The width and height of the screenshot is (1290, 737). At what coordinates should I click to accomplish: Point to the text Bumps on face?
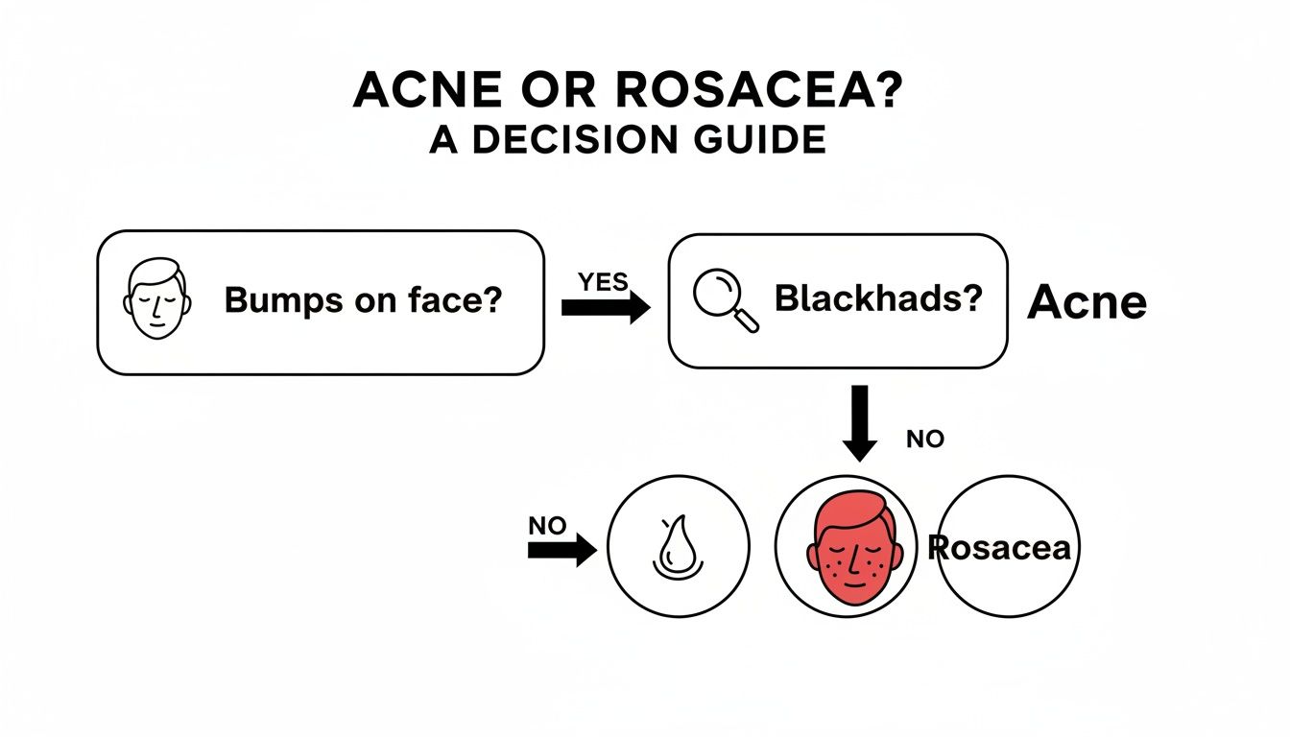[x=363, y=301]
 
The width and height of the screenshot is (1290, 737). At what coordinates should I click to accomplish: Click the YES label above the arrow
[x=604, y=282]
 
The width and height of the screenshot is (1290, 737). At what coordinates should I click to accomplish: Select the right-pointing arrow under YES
[x=605, y=307]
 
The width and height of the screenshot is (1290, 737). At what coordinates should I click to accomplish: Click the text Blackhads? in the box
[x=878, y=300]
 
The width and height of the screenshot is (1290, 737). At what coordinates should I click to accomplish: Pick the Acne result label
[x=1087, y=303]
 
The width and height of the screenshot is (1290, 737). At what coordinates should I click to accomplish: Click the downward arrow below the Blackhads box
[x=859, y=422]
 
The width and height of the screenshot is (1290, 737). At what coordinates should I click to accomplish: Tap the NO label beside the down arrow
[x=925, y=440]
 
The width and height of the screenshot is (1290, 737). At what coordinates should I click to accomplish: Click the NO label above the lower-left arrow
[x=547, y=526]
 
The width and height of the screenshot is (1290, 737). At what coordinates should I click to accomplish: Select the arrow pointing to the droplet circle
[x=561, y=551]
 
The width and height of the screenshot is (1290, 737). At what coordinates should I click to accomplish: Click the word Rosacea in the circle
[x=999, y=547]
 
